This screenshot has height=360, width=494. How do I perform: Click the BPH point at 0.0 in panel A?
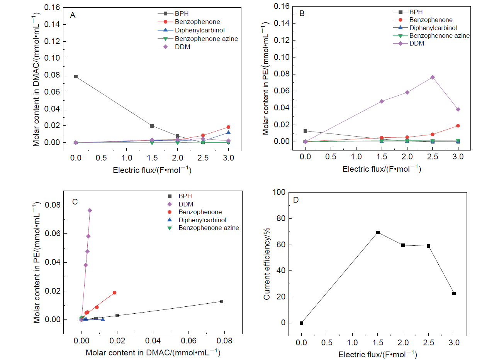(x=76, y=76)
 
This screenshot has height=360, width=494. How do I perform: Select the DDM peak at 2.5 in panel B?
(x=433, y=77)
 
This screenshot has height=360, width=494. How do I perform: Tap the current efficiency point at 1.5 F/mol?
(x=378, y=232)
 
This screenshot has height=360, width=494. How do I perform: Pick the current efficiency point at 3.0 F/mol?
(x=454, y=293)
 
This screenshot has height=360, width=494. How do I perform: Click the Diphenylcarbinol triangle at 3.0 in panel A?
(x=228, y=133)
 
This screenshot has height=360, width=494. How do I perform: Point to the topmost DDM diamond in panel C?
(x=90, y=210)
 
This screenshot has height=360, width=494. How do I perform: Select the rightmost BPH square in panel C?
(x=221, y=301)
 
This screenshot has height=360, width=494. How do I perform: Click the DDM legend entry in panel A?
(x=183, y=47)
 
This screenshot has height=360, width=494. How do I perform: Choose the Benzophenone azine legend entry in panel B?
(x=439, y=35)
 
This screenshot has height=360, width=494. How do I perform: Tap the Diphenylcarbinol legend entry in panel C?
(x=202, y=220)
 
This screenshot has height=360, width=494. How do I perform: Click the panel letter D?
(x=296, y=200)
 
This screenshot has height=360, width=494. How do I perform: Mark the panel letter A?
(x=72, y=15)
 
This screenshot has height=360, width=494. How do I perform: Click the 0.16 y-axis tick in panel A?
(x=55, y=7)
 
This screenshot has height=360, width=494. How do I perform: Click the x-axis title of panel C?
(x=153, y=353)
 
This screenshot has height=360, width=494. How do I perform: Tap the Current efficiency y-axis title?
(x=267, y=259)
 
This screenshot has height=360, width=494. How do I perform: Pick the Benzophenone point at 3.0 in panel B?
(x=458, y=126)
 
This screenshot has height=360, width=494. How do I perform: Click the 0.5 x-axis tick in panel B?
(x=331, y=157)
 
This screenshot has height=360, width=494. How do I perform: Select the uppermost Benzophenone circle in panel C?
(x=114, y=292)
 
